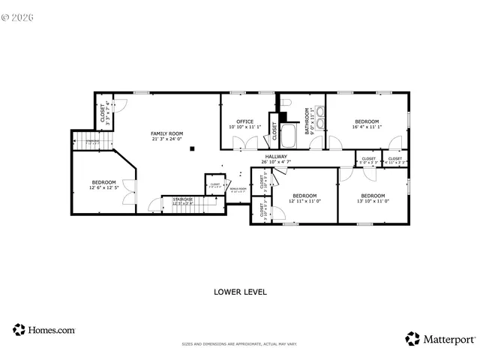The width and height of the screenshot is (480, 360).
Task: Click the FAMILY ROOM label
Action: tap(167, 133)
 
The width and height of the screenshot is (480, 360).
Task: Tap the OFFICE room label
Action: tap(244, 121)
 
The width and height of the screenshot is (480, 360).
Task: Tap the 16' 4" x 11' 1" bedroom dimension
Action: tap(367, 127)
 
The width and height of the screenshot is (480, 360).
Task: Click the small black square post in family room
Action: tap(193, 148)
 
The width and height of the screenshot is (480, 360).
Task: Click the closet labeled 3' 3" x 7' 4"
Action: tap(104, 112)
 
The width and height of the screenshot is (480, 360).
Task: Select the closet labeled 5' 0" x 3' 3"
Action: tap(368, 160)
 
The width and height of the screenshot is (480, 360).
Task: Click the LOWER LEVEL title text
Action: tap(240, 291)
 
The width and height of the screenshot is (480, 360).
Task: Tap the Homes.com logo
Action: tap(43, 329)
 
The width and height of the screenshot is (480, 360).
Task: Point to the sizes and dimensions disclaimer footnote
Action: tap(240, 344)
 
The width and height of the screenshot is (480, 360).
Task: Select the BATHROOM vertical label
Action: tap(307, 120)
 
